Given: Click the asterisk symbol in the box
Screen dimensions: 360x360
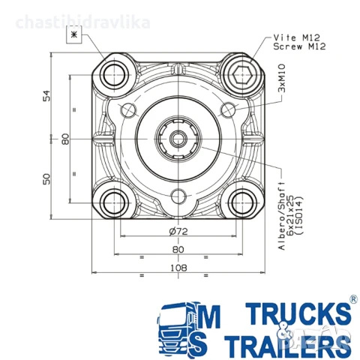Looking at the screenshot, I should click(73, 35).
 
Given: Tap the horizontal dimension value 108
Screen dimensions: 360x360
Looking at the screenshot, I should click(178, 267).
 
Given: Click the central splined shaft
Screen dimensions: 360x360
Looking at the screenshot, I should click(177, 138).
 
